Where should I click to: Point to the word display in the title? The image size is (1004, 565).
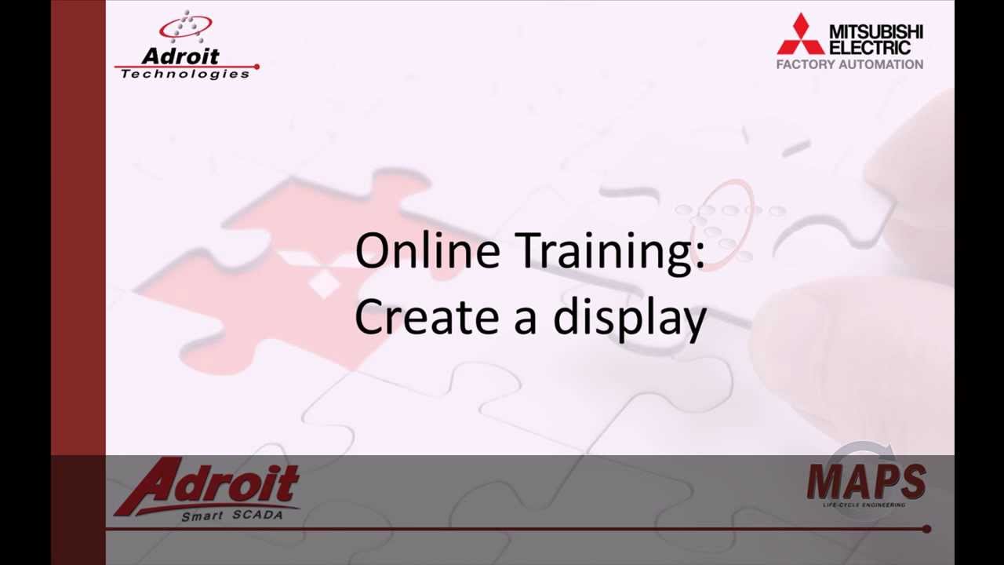coord(630,319)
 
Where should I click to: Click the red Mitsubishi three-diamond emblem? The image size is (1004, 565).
coord(800,35)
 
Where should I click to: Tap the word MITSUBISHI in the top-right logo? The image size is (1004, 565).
coord(876,32)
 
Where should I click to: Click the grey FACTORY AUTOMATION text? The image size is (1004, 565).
coord(849,64)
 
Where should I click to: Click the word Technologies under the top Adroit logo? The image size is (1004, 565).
coord(185,74)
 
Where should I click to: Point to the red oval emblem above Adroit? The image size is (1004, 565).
coord(185,28)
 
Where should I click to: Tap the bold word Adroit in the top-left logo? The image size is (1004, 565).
coord(181,56)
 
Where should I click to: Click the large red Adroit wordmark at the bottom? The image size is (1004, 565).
coord(208,484)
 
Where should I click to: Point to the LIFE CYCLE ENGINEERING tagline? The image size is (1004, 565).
coord(864,505)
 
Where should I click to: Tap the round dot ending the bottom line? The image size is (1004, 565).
coord(926,529)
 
